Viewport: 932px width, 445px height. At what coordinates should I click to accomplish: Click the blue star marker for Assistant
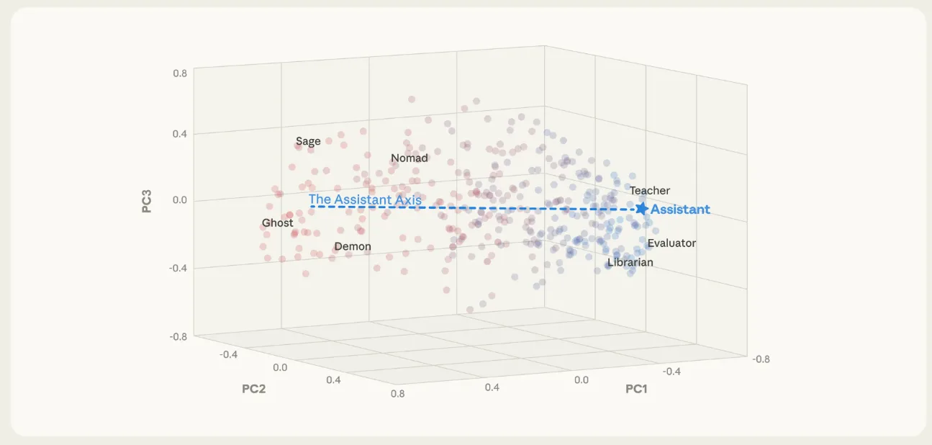coord(641,208)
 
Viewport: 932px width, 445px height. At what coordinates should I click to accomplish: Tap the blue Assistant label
coord(680,210)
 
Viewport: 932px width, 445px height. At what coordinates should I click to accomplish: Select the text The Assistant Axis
coord(365,199)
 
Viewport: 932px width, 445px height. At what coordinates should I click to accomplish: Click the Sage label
coord(308,141)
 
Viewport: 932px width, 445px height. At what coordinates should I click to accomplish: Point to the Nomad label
coord(410,158)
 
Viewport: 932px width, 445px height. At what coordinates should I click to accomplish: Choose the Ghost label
coord(278,223)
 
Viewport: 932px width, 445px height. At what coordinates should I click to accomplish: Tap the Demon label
coord(353,246)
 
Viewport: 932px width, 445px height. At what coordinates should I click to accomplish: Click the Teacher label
coord(650,191)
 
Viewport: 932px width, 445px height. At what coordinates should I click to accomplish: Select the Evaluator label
coord(671,243)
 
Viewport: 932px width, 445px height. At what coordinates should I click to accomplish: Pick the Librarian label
coord(630,263)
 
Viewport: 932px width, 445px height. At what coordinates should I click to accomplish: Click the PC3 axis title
coord(147,201)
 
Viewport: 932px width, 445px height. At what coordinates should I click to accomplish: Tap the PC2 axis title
coord(255,389)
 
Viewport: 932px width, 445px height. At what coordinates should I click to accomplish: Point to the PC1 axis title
coord(636,389)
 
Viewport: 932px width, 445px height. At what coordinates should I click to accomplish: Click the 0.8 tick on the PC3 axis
coord(180,73)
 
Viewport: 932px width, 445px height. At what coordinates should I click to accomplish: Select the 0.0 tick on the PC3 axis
coord(180,200)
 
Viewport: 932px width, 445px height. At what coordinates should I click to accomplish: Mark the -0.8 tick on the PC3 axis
coord(178,336)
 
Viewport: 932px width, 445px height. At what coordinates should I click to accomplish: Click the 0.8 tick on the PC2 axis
coord(397,393)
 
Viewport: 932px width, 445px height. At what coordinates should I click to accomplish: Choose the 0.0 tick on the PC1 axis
coord(581,379)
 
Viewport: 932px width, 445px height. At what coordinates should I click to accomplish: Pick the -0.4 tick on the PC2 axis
coord(229,354)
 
